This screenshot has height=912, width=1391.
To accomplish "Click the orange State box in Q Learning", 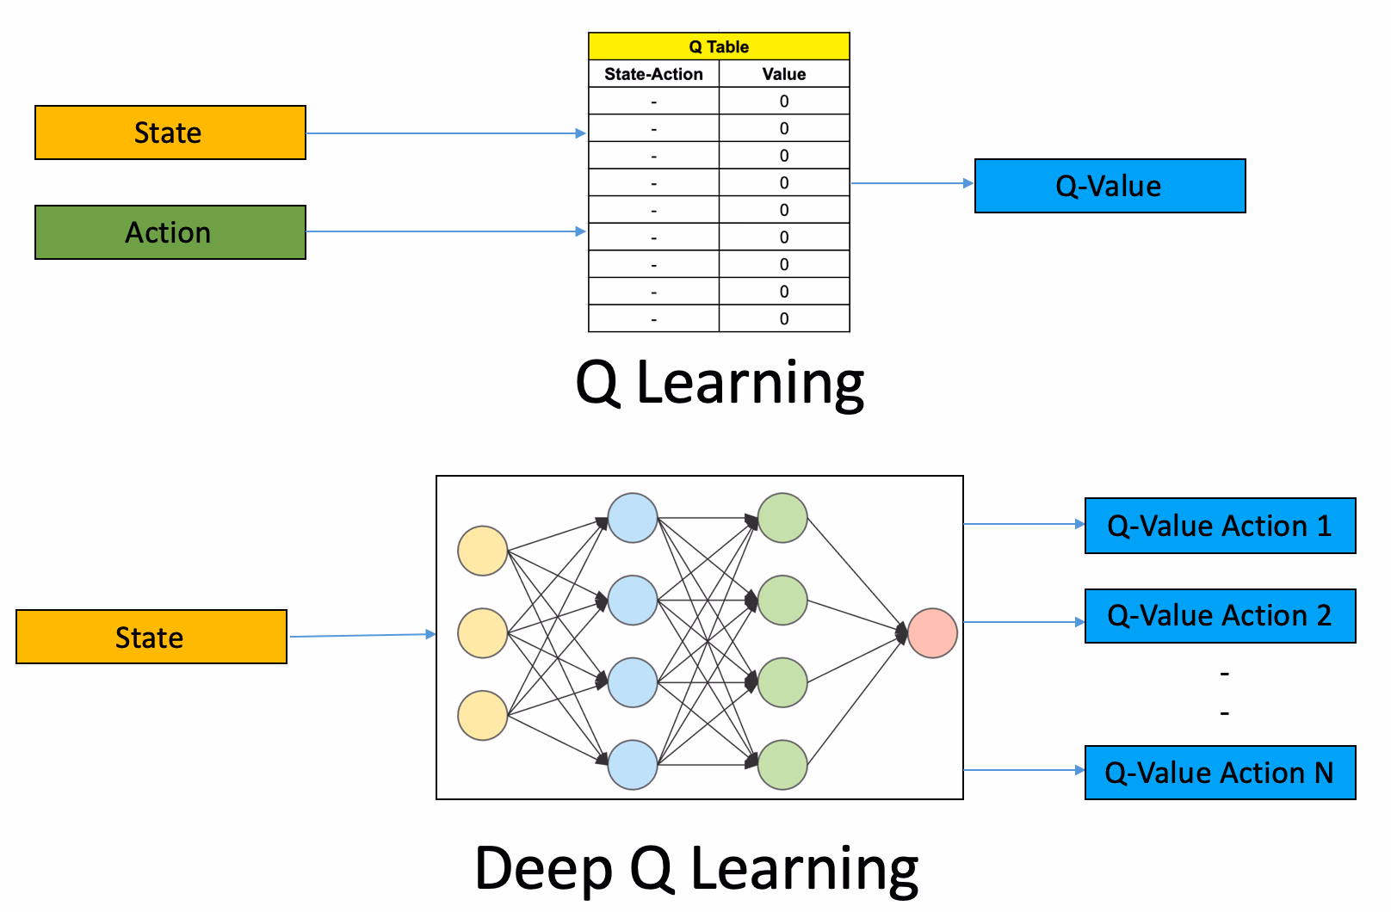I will pos(170,132).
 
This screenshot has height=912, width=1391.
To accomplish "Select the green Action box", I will pos(170,232).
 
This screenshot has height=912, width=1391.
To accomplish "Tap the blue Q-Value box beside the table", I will pos(1110,186).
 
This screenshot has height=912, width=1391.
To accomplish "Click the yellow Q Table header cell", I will pos(719,46).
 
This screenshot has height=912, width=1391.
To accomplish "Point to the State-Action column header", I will pos(653,74).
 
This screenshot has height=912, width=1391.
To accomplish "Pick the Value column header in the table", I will pos(783,74).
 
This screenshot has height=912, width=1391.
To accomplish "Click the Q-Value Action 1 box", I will pos(1220,526).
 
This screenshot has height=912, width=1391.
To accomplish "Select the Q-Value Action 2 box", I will pos(1220,616).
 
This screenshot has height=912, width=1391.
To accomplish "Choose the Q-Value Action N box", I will pos(1220,773).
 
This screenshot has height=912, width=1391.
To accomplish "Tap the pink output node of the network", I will pos(932,633).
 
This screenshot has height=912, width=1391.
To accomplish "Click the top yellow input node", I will pos(482,551).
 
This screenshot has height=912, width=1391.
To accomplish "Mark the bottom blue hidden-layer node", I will pos(633,764).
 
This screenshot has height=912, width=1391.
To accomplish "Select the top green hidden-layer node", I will pos(782,518).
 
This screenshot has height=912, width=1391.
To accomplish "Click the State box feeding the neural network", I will pos(151,637).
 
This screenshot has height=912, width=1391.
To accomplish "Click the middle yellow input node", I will pos(482,633).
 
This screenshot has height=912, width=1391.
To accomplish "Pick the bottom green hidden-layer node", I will pos(782,764).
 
